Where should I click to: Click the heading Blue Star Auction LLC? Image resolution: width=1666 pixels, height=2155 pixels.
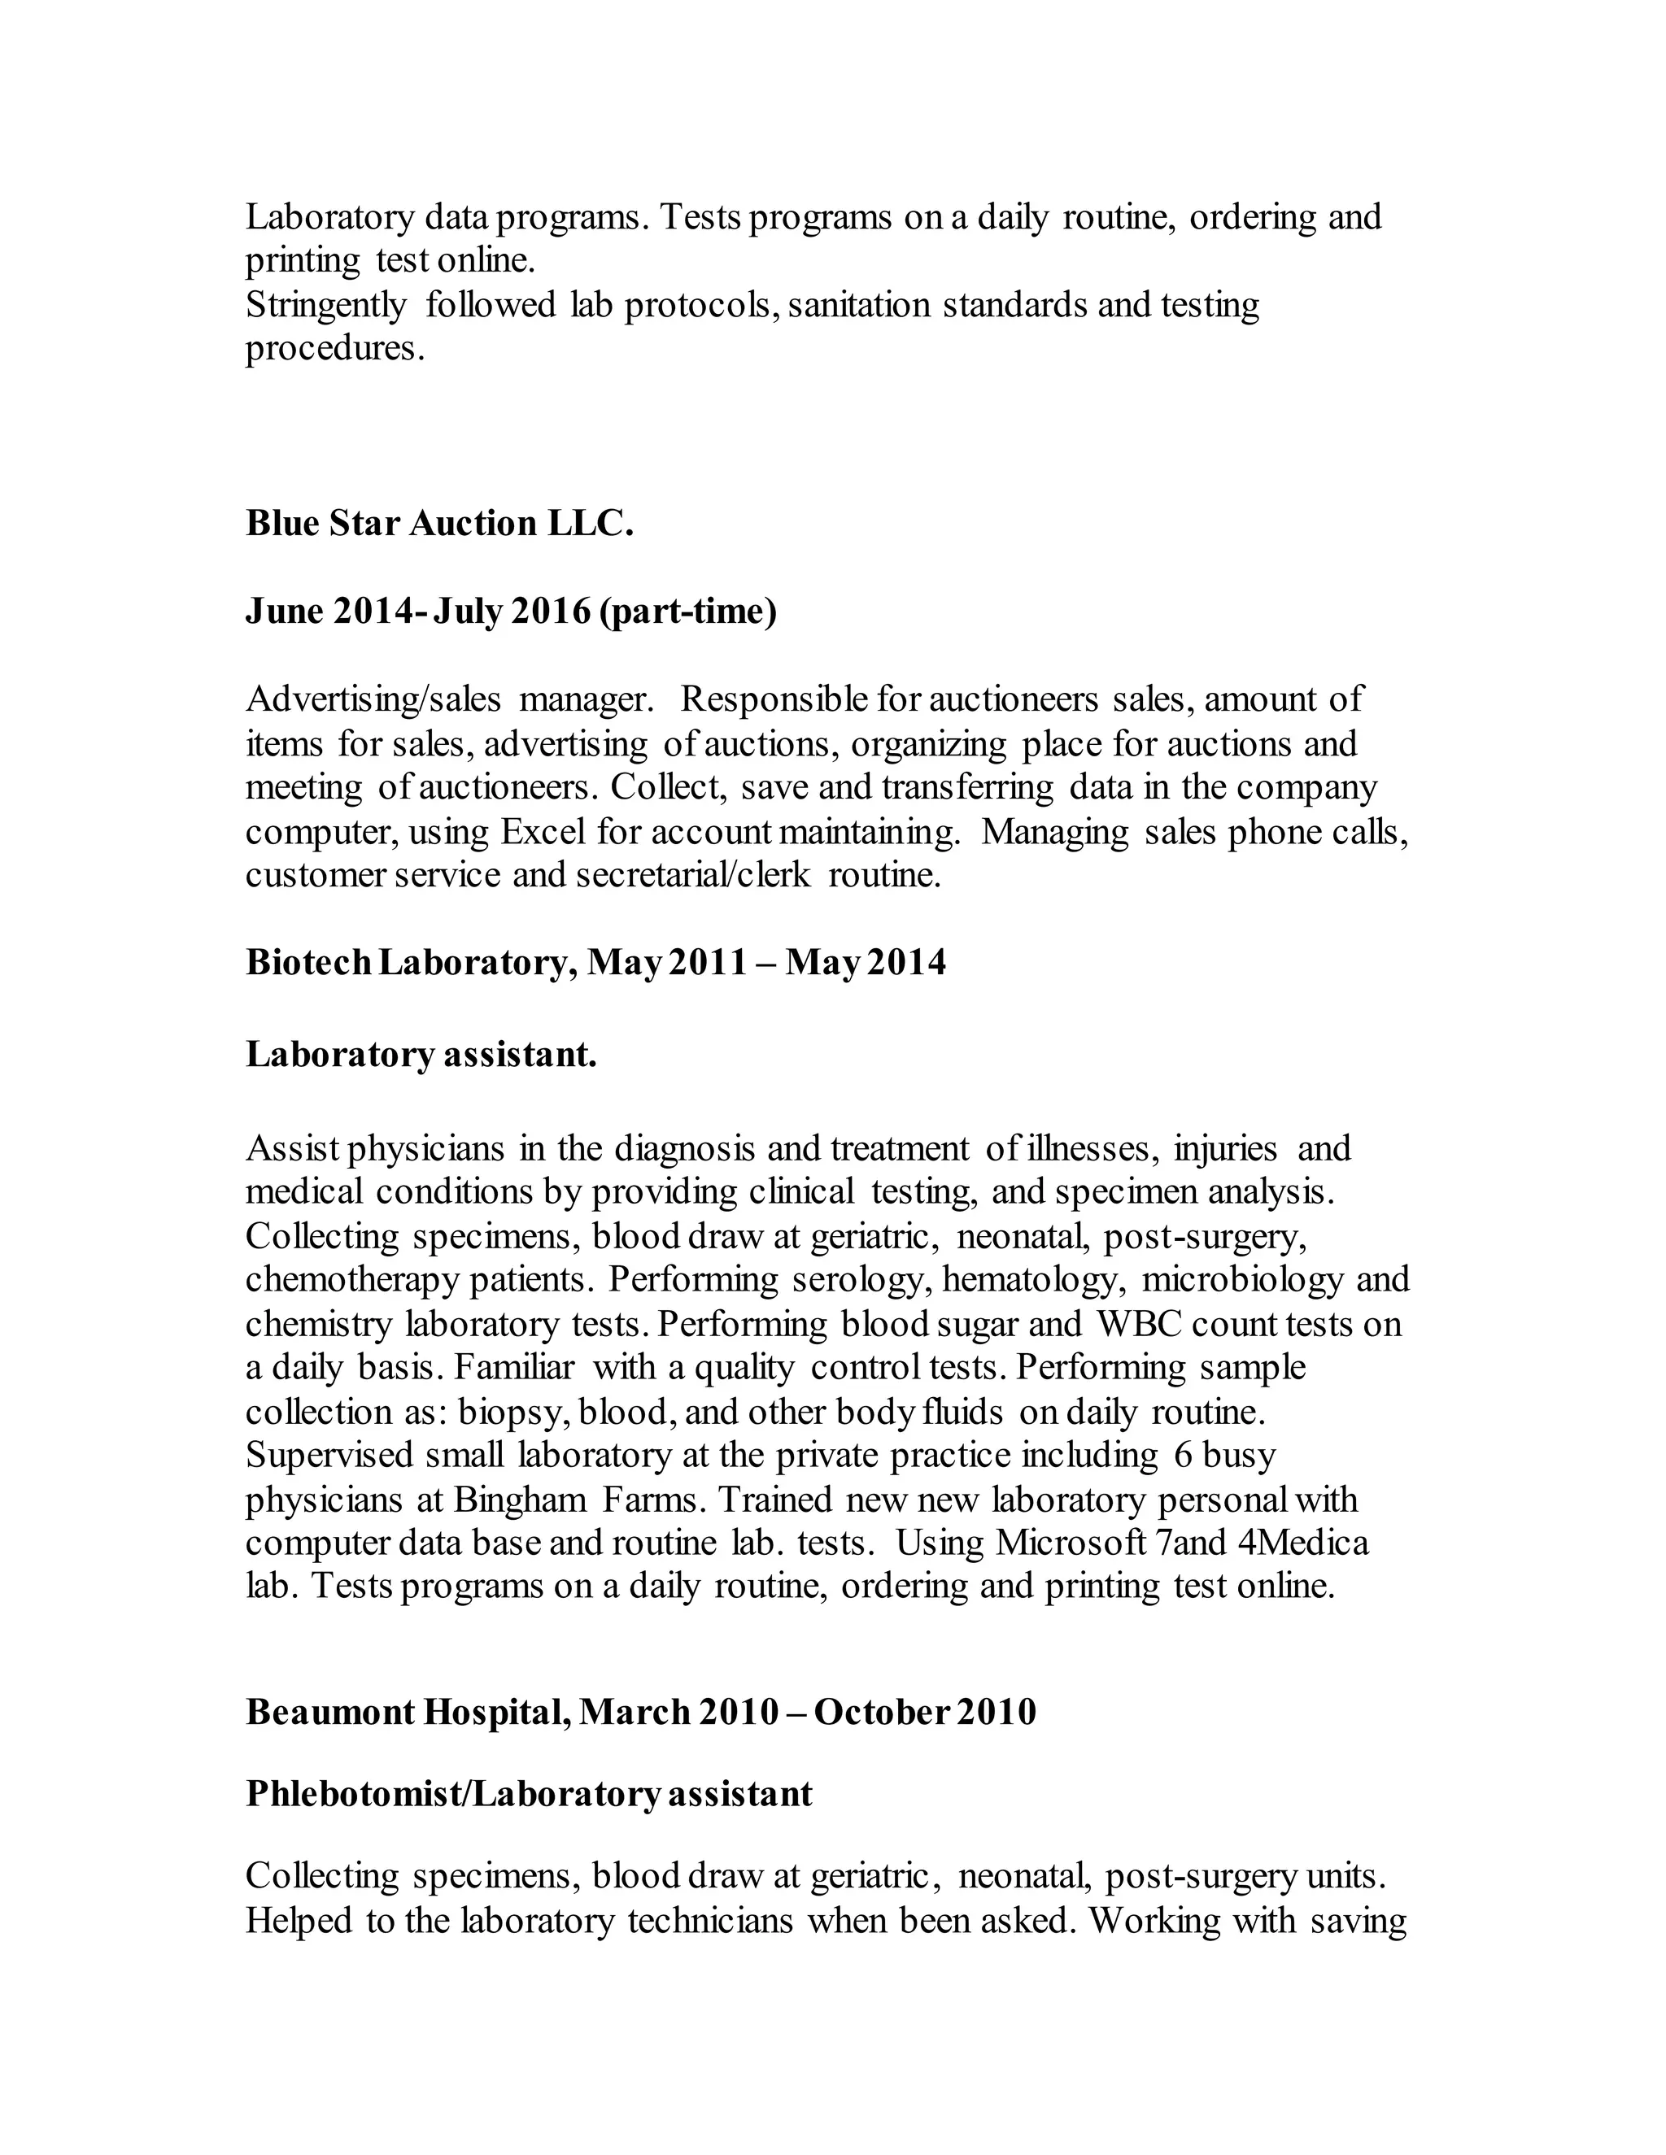point(439,524)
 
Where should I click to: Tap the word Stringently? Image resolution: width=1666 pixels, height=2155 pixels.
point(325,306)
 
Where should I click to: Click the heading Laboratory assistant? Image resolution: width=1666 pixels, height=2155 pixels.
point(421,1055)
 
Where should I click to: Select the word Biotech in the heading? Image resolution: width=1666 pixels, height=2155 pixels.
point(308,962)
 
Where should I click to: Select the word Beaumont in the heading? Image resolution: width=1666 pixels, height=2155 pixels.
point(329,1712)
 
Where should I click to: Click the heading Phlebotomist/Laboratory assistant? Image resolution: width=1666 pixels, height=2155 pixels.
point(529,1794)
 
